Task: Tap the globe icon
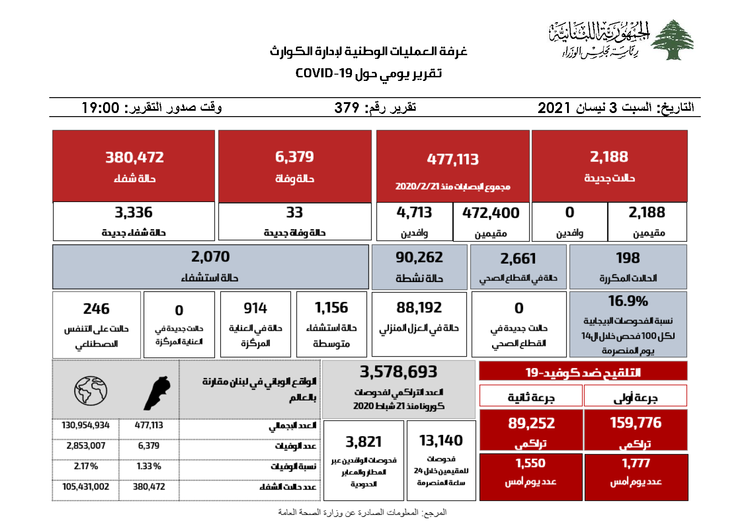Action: [x=91, y=390]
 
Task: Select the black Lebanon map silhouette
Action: [x=157, y=393]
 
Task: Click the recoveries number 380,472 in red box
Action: [x=134, y=157]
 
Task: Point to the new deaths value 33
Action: [x=294, y=212]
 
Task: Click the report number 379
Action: [x=347, y=108]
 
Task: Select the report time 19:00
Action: [x=100, y=108]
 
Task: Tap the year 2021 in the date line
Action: [x=554, y=108]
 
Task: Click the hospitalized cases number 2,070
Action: [x=210, y=257]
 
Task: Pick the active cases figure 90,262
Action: [x=419, y=257]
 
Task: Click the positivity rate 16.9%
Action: [x=628, y=301]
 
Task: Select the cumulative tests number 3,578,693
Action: [x=398, y=372]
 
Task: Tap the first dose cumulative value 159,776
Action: [x=635, y=423]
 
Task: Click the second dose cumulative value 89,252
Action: [x=531, y=423]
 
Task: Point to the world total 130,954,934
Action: [x=85, y=425]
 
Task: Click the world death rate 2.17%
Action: [x=85, y=466]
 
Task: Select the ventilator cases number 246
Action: [x=96, y=309]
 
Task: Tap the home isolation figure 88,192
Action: [x=419, y=307]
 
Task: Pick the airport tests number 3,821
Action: [x=363, y=442]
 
